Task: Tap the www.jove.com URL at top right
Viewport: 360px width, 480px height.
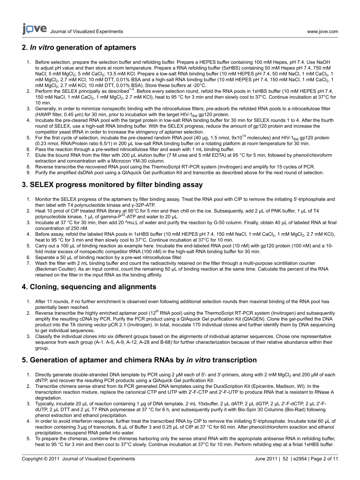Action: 322,31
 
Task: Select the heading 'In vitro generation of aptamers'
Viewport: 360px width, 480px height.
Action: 79,48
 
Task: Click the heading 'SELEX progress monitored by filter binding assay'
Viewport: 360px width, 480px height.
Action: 112,185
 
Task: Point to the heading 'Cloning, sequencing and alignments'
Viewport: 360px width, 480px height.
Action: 89,287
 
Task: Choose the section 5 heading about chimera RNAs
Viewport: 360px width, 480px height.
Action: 139,360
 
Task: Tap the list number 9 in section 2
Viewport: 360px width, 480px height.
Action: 28,173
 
